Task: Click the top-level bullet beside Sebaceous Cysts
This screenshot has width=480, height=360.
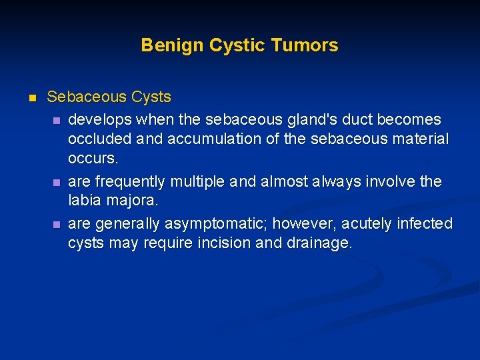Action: (x=31, y=98)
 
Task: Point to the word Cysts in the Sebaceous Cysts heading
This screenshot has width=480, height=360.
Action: (x=151, y=97)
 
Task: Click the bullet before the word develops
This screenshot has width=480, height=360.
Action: (x=56, y=120)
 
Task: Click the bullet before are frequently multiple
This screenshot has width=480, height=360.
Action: (x=56, y=182)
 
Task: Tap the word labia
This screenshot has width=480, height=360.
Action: (x=84, y=201)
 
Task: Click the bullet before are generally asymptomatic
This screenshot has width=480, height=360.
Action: (x=56, y=224)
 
